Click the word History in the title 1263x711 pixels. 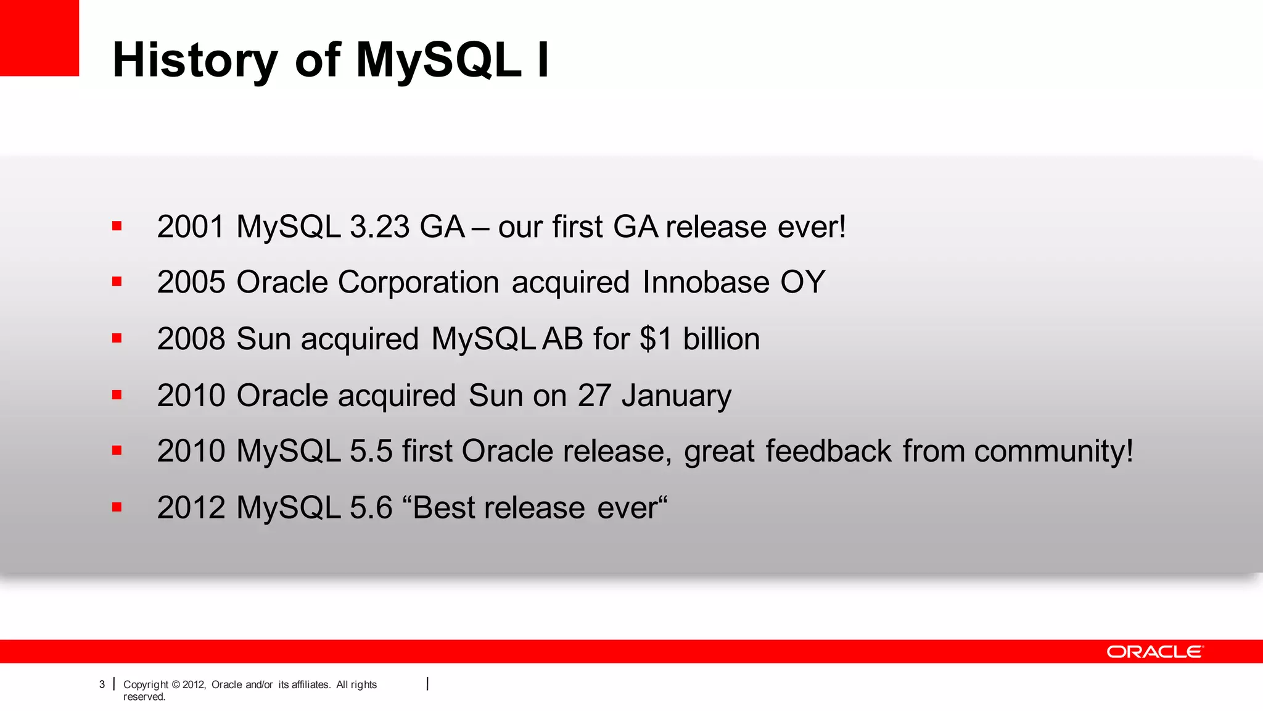tap(195, 60)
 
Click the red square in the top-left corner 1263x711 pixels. tap(39, 38)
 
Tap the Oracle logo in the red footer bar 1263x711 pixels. tap(1154, 652)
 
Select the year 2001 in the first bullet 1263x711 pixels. tap(191, 227)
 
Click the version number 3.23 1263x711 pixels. tap(379, 227)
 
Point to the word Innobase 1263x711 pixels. tap(706, 283)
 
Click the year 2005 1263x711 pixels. tap(191, 283)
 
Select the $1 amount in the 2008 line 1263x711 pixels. tap(655, 339)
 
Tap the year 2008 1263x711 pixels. tap(191, 339)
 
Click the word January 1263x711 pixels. tap(676, 396)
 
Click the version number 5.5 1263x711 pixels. tap(371, 451)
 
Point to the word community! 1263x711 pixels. tap(1053, 451)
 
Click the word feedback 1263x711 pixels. tap(828, 451)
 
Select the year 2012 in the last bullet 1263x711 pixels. tap(191, 508)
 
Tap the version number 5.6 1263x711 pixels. tap(371, 508)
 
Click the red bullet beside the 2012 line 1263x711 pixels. tap(117, 507)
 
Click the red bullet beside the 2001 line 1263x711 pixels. tap(117, 226)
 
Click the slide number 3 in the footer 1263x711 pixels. tap(102, 684)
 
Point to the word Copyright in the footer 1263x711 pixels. tap(146, 684)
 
